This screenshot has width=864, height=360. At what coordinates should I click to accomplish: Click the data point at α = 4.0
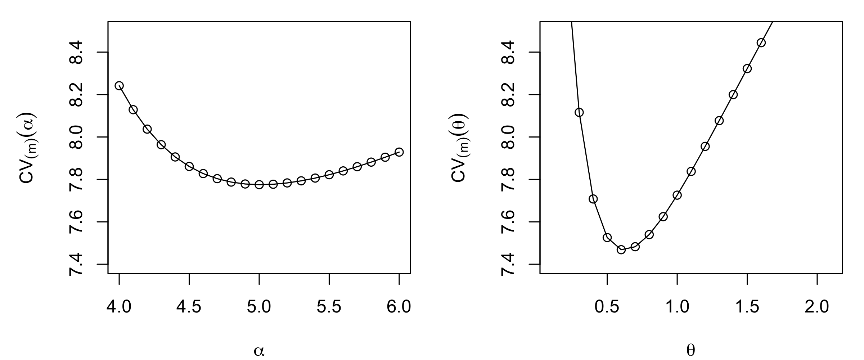(119, 86)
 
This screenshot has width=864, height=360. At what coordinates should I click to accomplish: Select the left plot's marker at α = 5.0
(259, 185)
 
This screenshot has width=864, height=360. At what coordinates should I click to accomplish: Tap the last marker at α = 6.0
(399, 152)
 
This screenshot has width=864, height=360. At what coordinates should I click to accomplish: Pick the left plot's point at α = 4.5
(189, 166)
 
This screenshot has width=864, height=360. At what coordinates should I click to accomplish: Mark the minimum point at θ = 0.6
(621, 250)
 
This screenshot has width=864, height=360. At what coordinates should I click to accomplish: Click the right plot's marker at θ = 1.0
(677, 195)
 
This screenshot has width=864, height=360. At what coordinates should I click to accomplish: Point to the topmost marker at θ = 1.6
(761, 43)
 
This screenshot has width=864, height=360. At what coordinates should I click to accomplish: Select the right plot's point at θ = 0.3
(579, 112)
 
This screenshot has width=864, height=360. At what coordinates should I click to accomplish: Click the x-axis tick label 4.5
(189, 307)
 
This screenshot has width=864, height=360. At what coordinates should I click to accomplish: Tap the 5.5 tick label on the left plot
(329, 307)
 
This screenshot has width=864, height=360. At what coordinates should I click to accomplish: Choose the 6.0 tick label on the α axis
(399, 307)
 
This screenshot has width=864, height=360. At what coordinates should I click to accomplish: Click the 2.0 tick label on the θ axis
(817, 307)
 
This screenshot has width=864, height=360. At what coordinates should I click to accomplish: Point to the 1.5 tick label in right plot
(747, 307)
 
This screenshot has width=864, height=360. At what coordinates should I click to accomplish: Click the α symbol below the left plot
(259, 351)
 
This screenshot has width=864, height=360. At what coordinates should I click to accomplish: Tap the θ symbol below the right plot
(691, 351)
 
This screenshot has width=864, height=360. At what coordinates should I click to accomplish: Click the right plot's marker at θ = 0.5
(607, 238)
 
